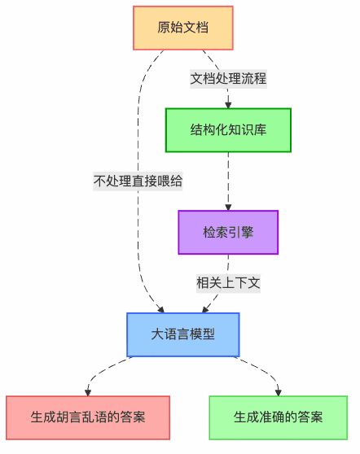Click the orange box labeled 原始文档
[x=182, y=27]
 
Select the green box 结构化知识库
[x=228, y=130]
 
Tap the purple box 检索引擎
[x=228, y=232]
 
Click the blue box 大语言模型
[x=182, y=334]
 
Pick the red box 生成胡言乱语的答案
[x=88, y=417]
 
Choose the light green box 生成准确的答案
[x=278, y=417]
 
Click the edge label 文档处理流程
[x=229, y=79]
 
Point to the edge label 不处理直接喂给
[x=138, y=181]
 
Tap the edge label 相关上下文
[x=228, y=283]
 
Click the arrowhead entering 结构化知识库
[x=228, y=104]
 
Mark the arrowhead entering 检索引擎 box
[x=228, y=207]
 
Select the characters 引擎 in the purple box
[x=241, y=232]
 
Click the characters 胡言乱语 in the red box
[x=81, y=417]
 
